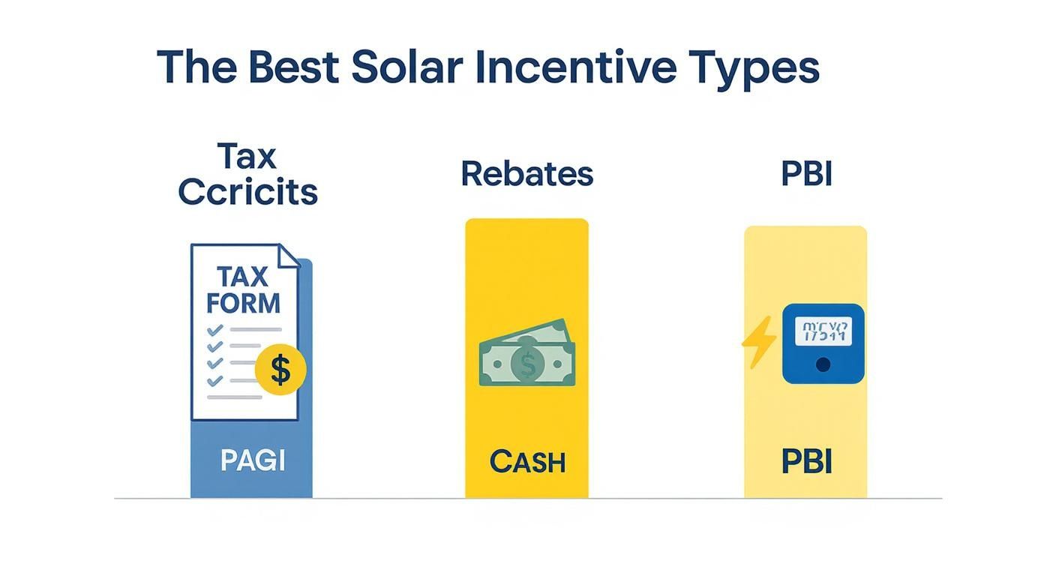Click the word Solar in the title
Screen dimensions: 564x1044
click(406, 67)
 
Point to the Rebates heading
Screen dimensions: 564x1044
click(526, 174)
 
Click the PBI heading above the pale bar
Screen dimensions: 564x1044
click(806, 174)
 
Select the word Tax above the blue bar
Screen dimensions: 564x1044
click(247, 157)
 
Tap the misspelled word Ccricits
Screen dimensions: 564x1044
click(248, 192)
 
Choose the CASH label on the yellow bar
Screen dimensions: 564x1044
click(527, 462)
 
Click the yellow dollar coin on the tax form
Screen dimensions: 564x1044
click(280, 370)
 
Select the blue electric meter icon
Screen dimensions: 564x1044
click(823, 343)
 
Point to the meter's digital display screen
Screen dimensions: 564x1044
click(823, 331)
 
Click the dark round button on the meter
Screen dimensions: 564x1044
click(823, 364)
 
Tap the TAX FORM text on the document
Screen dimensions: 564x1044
click(243, 290)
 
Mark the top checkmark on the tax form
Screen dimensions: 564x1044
click(214, 329)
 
